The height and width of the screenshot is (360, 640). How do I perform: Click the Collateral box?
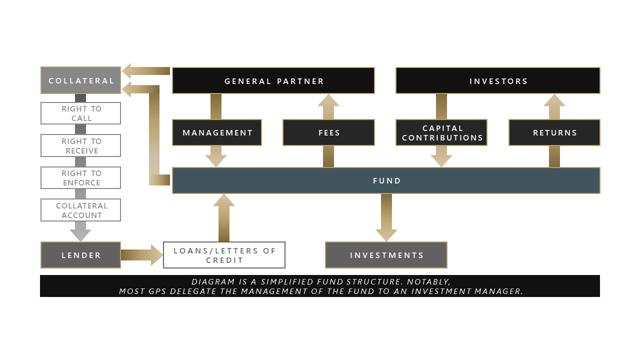coord(81,80)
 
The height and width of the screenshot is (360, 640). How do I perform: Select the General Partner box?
coord(273,80)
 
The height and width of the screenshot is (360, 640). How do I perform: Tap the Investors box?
coord(498,80)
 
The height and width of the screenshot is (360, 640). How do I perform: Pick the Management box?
coord(217,132)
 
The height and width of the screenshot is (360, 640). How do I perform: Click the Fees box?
coord(328,132)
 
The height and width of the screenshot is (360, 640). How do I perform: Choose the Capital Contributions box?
coord(441,132)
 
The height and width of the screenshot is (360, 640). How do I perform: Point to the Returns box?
coord(554,132)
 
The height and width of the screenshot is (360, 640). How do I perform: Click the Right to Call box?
coord(81,113)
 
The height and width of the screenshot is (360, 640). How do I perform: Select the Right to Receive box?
coord(81,145)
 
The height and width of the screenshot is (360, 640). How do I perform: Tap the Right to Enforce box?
coord(81,177)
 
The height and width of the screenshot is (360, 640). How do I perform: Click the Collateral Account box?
coord(81,210)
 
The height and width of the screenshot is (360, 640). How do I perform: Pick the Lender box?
coord(81,255)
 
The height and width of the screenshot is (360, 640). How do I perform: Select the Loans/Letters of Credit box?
coord(224,255)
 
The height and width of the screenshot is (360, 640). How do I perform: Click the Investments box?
coord(386,255)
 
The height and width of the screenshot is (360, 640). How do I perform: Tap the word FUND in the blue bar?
coord(387,181)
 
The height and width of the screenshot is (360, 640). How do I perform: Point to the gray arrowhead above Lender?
coord(80,235)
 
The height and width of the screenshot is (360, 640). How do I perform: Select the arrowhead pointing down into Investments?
coord(386,235)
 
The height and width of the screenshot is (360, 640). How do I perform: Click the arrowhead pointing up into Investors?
coord(554,100)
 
